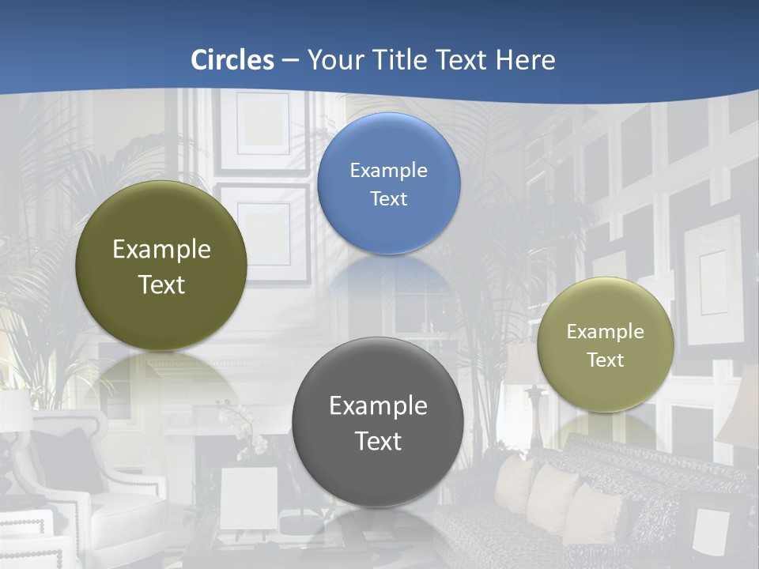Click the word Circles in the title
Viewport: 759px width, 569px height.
[x=232, y=60]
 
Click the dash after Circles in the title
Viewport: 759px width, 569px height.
[x=290, y=61]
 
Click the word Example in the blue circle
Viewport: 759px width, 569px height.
[x=389, y=171]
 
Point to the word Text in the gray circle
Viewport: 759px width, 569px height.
[x=378, y=441]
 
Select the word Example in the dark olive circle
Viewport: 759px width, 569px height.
[x=161, y=250]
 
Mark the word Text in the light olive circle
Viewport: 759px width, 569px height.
[x=606, y=360]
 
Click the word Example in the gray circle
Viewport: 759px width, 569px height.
[x=378, y=406]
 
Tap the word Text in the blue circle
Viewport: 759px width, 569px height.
[x=389, y=199]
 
